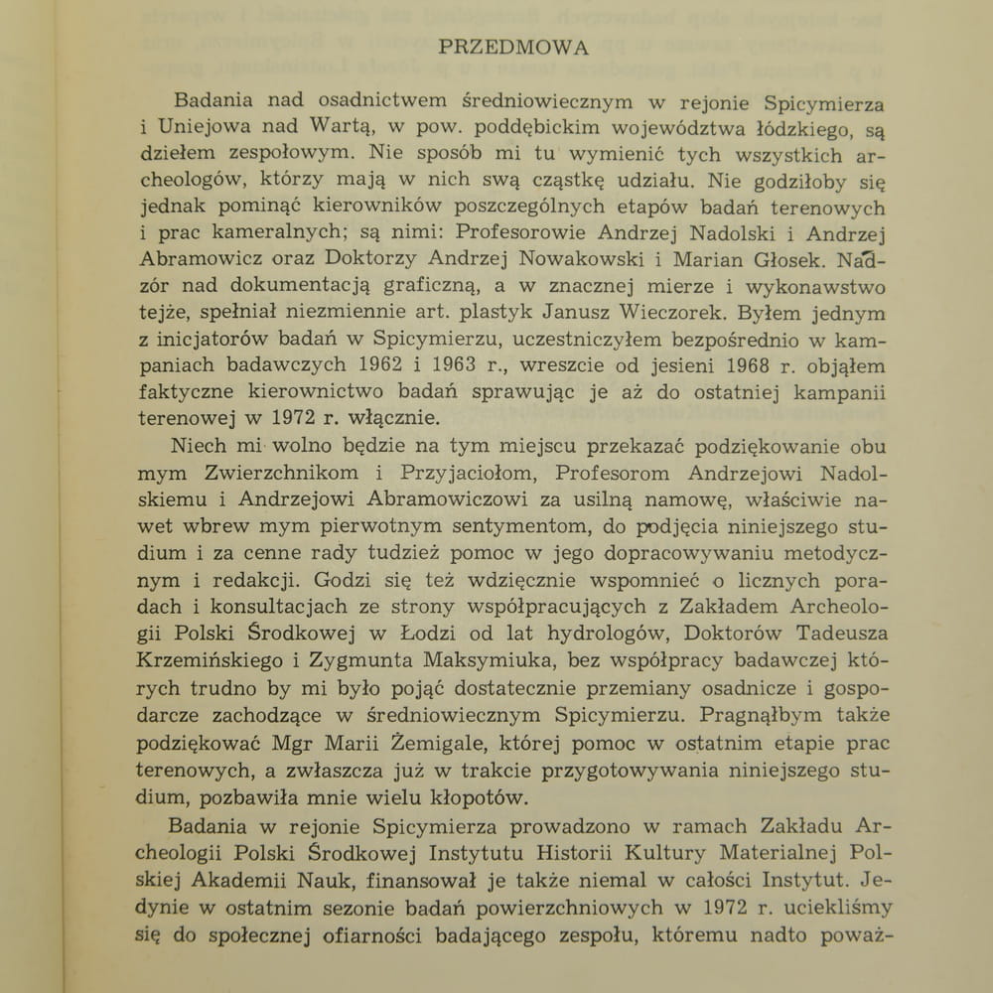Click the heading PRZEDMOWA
pyautogui.click(x=513, y=47)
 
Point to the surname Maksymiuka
pyautogui.click(x=457, y=660)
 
